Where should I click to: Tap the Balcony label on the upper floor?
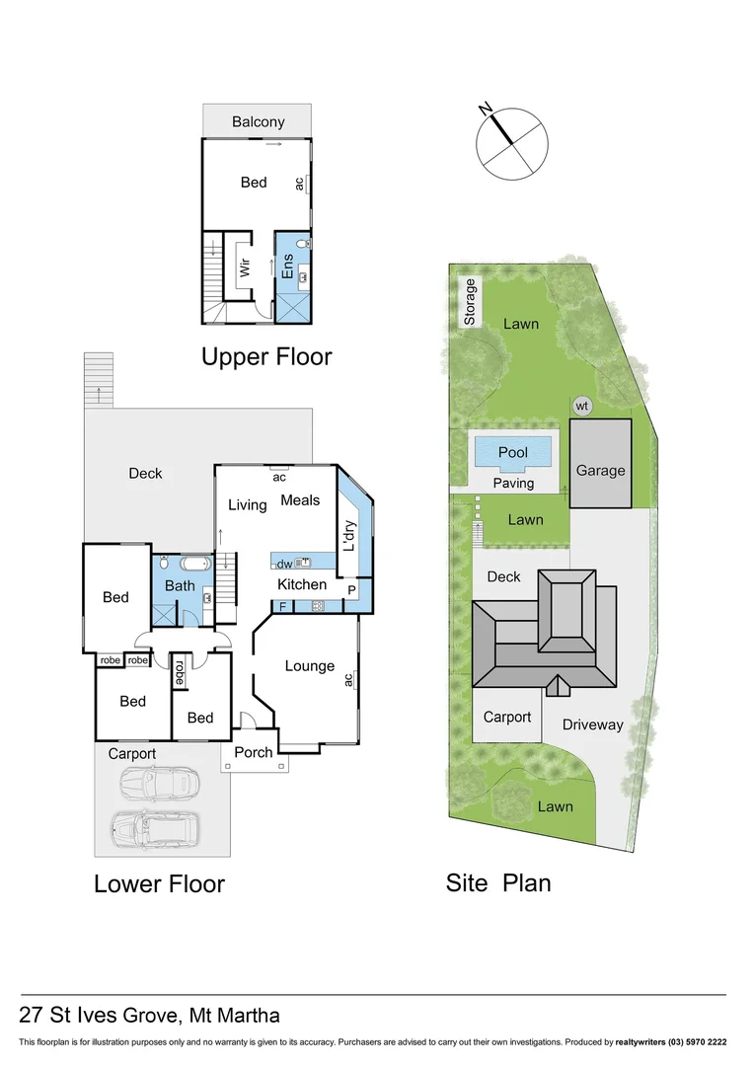259,122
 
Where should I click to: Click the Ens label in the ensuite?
287,266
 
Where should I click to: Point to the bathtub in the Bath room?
193,565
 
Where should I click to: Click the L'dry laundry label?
347,535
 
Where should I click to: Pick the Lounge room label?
310,666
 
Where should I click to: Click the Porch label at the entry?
254,753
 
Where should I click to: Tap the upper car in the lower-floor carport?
158,785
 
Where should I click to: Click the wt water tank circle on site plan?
581,405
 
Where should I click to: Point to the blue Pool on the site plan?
512,452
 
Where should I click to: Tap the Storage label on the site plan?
470,301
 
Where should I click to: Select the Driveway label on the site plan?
593,724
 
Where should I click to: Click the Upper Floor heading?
266,356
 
